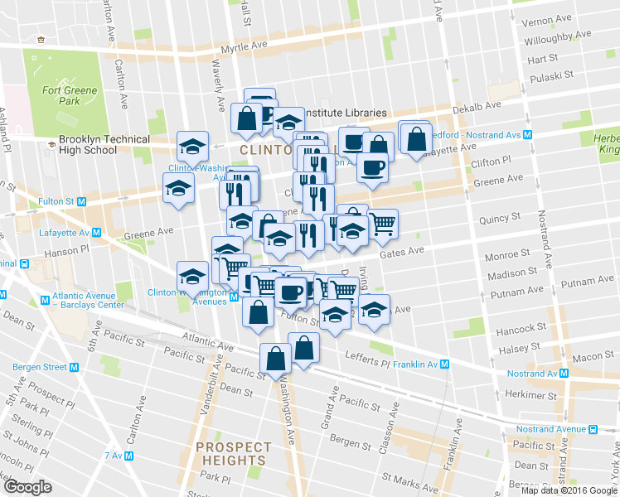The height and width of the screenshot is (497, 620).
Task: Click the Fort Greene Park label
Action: coord(70,95)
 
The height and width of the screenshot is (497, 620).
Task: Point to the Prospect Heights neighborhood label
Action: coord(231,454)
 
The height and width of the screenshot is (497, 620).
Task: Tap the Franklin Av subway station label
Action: coord(420,364)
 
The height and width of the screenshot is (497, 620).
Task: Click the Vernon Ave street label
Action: coord(549,18)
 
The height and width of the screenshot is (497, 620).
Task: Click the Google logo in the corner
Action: coord(27,487)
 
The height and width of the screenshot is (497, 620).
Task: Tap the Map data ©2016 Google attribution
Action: coord(570,490)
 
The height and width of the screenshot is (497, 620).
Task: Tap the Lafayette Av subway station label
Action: coord(65,233)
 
